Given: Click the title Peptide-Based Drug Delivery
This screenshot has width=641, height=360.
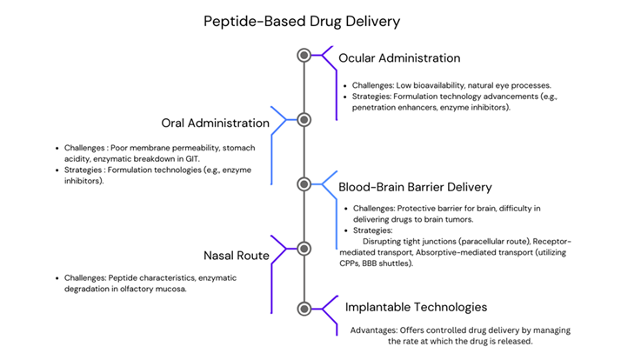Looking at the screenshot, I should [x=301, y=21].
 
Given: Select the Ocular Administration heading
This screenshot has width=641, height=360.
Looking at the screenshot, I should [x=399, y=58].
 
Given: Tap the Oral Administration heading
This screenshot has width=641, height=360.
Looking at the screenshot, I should [x=215, y=123].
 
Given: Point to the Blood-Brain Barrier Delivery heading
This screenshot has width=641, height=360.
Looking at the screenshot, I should [x=416, y=187].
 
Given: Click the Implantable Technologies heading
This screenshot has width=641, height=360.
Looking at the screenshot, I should [x=416, y=307].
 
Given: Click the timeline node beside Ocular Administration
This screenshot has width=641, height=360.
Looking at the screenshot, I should [x=304, y=55].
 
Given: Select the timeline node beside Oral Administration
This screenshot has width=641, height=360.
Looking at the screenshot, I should [x=304, y=119].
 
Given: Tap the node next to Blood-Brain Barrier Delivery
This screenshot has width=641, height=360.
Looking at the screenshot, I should [x=304, y=183].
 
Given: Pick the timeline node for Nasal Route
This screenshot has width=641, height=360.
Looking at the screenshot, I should [x=304, y=248].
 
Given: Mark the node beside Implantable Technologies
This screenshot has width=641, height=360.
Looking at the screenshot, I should [x=304, y=308].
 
